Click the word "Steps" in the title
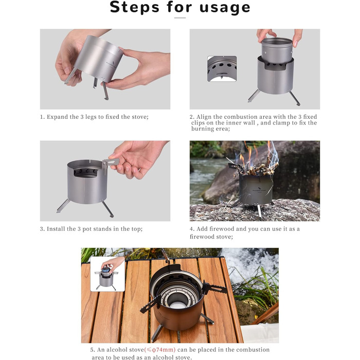[x=134, y=7]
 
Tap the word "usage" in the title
[x=225, y=8]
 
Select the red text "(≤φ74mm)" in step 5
[x=160, y=350]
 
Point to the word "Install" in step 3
[x=55, y=229]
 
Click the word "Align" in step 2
[x=204, y=117]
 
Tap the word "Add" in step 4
[x=202, y=229]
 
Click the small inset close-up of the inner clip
[x=222, y=68]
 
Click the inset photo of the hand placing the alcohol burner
[x=107, y=274]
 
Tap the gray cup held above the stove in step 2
[x=277, y=51]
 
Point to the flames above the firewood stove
[x=257, y=153]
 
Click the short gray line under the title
[x=180, y=17]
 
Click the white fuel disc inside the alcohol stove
[x=177, y=305]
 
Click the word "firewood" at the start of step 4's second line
[x=200, y=237]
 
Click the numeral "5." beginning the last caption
[x=93, y=350]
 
